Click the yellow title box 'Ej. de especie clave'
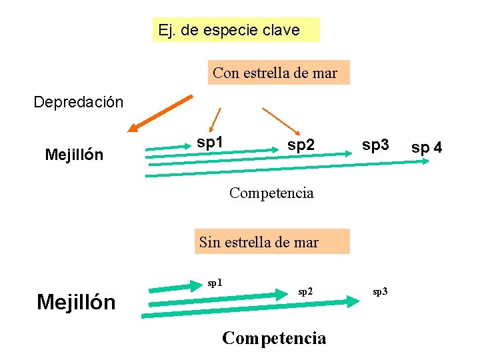tap(235, 30)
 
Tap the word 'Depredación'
tap(79, 102)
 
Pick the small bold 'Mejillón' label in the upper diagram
tap(74, 155)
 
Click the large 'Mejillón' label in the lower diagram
tap(76, 303)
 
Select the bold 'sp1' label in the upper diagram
tap(210, 142)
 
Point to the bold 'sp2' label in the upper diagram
tap(300, 144)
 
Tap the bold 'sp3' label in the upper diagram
tap(375, 144)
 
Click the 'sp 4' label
tap(426, 147)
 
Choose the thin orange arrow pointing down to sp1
tap(214, 120)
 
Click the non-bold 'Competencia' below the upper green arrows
tap(271, 193)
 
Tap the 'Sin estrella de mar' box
tap(259, 242)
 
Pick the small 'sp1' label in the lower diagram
tap(215, 282)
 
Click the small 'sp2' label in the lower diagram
tap(305, 291)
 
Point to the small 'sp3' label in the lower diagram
tap(379, 291)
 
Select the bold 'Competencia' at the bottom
tap(274, 338)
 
